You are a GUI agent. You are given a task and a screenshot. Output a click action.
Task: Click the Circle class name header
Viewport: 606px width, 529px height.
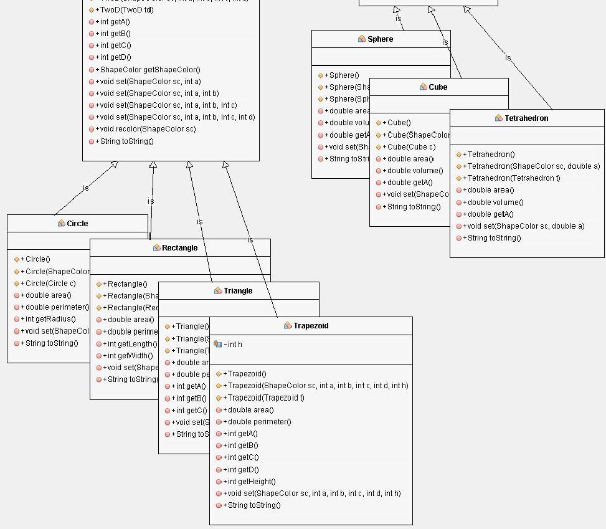pyautogui.click(x=77, y=224)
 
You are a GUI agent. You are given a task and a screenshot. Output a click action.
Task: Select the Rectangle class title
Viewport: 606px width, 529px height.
pyautogui.click(x=179, y=248)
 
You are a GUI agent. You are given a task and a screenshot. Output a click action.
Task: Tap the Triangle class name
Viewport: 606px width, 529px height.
pyautogui.click(x=238, y=291)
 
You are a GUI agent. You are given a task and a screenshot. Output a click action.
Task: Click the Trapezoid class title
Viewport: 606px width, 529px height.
pyautogui.click(x=310, y=326)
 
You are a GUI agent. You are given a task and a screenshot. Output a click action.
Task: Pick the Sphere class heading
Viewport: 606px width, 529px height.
pyautogui.click(x=380, y=39)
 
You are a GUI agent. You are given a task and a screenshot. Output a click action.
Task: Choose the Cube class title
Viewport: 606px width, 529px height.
pyautogui.click(x=438, y=87)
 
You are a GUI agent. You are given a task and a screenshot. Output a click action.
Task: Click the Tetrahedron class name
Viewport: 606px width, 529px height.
pyautogui.click(x=526, y=118)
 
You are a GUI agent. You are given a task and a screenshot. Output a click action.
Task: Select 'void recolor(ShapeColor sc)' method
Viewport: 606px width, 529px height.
pyautogui.click(x=145, y=129)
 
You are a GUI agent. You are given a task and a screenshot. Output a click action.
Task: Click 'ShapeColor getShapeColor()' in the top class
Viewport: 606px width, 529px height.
pyautogui.click(x=148, y=70)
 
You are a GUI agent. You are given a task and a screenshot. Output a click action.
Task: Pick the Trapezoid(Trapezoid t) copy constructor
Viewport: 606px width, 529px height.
pyautogui.click(x=266, y=398)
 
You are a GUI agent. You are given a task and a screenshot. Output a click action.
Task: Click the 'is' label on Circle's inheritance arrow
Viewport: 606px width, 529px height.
pyautogui.click(x=86, y=188)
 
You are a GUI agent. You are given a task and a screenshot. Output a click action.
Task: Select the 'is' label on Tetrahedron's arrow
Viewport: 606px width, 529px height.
pyautogui.click(x=508, y=58)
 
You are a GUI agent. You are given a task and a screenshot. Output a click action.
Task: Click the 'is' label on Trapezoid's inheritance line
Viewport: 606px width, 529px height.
pyautogui.click(x=250, y=240)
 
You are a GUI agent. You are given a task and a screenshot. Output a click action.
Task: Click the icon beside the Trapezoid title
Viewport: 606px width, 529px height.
pyautogui.click(x=288, y=326)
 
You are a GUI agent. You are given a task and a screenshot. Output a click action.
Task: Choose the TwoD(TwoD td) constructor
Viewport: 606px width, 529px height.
pyautogui.click(x=126, y=10)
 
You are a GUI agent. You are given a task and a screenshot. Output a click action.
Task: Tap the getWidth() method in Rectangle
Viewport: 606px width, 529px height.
pyautogui.click(x=132, y=356)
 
